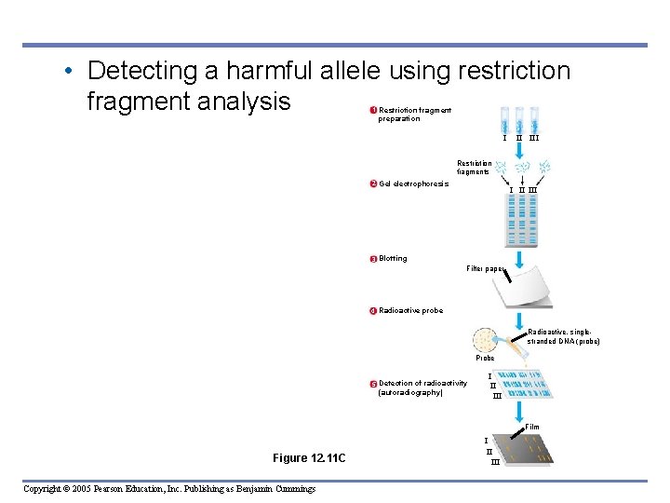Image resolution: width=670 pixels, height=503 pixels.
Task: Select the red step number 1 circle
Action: coord(373,111)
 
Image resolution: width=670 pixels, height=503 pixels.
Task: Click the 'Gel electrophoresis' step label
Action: coord(413,184)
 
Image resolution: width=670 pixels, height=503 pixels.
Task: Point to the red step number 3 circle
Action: coord(373,259)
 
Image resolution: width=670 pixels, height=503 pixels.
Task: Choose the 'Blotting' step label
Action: coord(393,259)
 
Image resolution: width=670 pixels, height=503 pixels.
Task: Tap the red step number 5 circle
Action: coord(373,384)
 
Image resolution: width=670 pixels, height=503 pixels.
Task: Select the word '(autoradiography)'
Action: coord(410,392)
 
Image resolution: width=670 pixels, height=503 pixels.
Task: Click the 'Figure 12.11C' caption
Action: coord(309,457)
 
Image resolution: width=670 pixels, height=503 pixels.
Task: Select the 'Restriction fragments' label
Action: coord(474,168)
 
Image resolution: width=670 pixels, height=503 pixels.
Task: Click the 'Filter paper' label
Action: coord(485,268)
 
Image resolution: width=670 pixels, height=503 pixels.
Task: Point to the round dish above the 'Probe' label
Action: coord(485,339)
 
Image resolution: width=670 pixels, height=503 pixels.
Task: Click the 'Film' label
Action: coord(531,428)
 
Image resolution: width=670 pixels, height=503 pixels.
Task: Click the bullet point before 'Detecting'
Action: coord(71,72)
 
